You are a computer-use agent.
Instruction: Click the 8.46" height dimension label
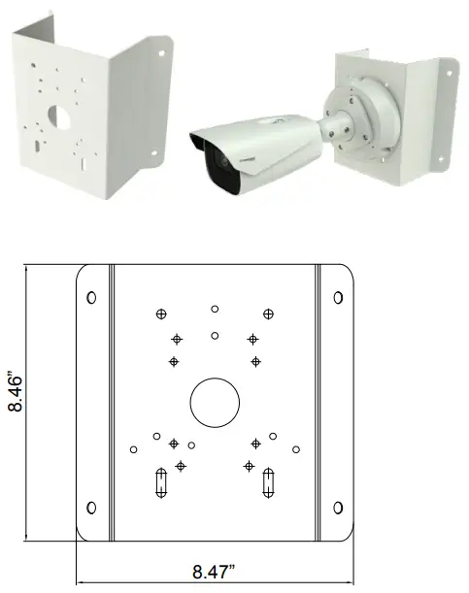16,393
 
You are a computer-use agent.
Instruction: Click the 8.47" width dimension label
214,572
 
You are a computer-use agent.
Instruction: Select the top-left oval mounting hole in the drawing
91,298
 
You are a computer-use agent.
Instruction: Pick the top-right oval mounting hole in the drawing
338,298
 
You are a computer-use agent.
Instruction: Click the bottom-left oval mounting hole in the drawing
91,508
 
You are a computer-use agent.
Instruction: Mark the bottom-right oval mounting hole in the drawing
338,508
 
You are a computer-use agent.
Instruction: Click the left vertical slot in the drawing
161,483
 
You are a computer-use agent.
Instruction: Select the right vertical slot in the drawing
268,483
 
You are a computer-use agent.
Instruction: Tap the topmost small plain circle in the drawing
215,309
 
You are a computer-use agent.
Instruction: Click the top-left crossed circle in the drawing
161,313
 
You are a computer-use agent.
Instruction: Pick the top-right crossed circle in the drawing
268,313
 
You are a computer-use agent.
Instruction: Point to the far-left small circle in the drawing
133,449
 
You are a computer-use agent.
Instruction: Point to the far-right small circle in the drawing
296,449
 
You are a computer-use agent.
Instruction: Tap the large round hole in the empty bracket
59,117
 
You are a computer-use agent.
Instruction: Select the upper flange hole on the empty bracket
161,53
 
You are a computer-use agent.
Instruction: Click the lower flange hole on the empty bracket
154,152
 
